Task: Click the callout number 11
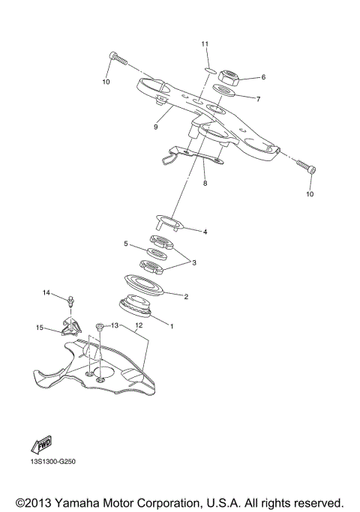coord(204,45)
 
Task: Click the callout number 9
coord(155,127)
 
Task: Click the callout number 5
coord(126,244)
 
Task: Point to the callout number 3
coord(195,262)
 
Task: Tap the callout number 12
coord(138,326)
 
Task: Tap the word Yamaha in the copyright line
coord(71,501)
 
